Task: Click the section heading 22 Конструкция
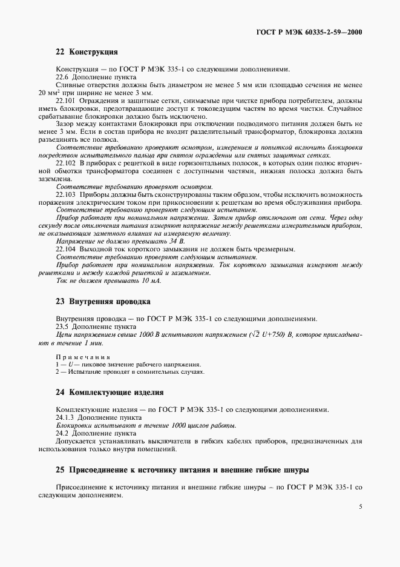(87, 53)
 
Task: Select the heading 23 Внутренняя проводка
(103, 301)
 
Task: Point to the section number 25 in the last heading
(59, 469)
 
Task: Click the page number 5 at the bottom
(360, 523)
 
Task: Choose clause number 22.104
(66, 249)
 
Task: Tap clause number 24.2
(62, 434)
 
